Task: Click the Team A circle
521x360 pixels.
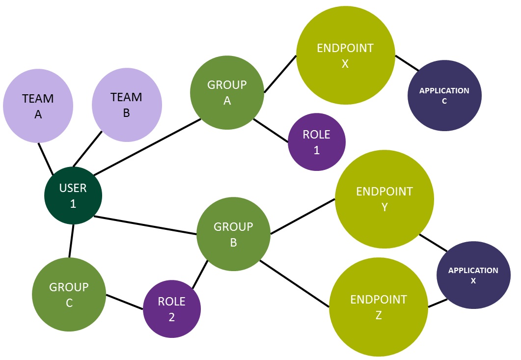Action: (38, 106)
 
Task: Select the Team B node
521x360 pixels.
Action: (127, 104)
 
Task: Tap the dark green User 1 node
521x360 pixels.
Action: (73, 195)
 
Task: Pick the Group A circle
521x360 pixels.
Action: (227, 92)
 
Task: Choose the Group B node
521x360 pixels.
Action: (233, 234)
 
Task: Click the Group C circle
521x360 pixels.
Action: (69, 295)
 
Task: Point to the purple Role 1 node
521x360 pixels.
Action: (317, 142)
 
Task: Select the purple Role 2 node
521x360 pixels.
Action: (172, 309)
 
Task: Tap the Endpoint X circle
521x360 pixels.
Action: (345, 55)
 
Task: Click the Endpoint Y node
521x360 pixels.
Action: (384, 199)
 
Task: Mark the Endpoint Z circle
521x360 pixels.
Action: (379, 307)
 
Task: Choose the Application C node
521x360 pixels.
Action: (444, 95)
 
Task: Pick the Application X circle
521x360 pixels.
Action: (473, 275)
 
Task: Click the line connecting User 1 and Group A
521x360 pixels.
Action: (146, 147)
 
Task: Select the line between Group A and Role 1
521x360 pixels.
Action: (271, 131)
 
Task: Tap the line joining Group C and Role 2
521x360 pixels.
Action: (124, 302)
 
